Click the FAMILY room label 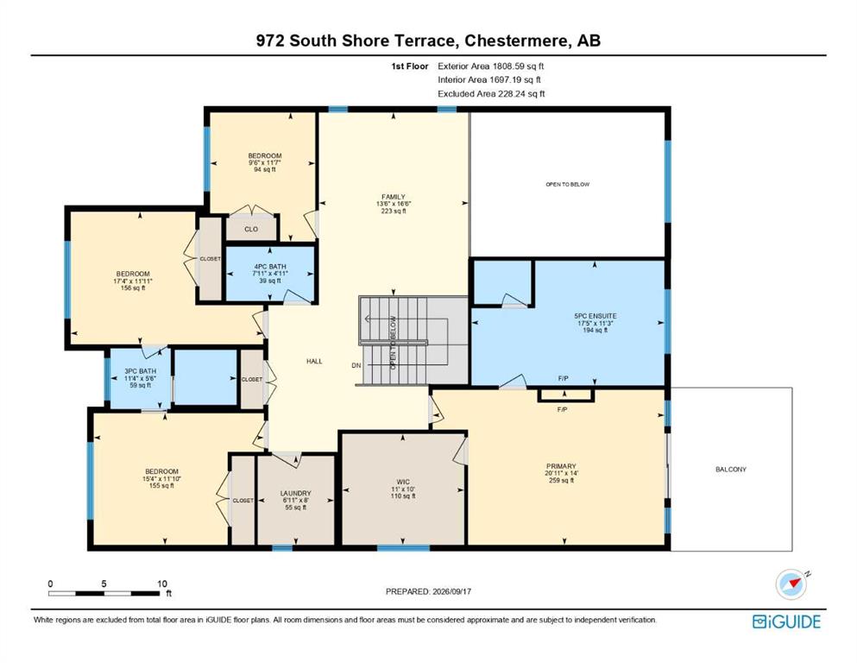pyautogui.click(x=394, y=197)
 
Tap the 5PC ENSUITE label pyautogui.click(x=595, y=316)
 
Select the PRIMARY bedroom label pyautogui.click(x=561, y=466)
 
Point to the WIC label pyautogui.click(x=403, y=482)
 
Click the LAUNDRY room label pyautogui.click(x=296, y=493)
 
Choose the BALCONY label pyautogui.click(x=731, y=469)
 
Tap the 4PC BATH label pyautogui.click(x=270, y=267)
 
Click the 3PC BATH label pyautogui.click(x=141, y=371)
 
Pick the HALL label pyautogui.click(x=314, y=362)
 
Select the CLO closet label pyautogui.click(x=251, y=229)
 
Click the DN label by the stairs pyautogui.click(x=356, y=365)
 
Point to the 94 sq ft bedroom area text pyautogui.click(x=265, y=169)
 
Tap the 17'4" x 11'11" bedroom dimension pyautogui.click(x=133, y=281)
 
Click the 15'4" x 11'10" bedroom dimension pyautogui.click(x=161, y=479)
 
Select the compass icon pyautogui.click(x=791, y=584)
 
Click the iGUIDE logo pyautogui.click(x=786, y=622)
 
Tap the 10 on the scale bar pyautogui.click(x=161, y=584)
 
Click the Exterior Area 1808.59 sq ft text pyautogui.click(x=491, y=66)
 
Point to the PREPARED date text pyautogui.click(x=428, y=591)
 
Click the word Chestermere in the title pyautogui.click(x=516, y=41)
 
